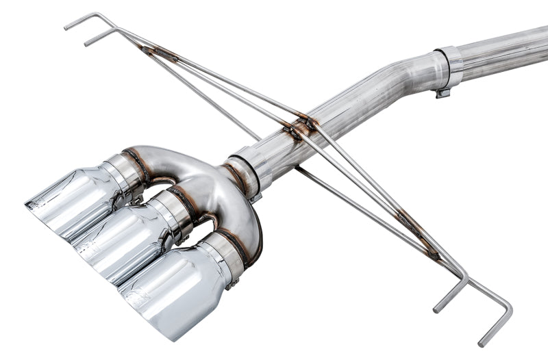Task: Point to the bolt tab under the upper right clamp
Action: tap(443, 92)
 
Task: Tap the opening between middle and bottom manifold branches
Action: tap(206, 229)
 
